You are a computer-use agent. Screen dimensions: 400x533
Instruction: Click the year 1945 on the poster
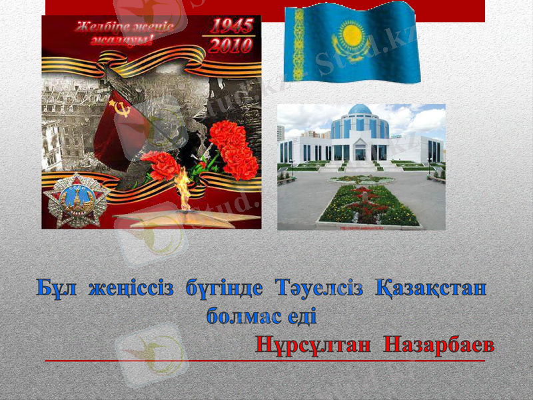(232, 27)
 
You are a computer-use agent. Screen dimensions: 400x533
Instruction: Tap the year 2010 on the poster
(232, 45)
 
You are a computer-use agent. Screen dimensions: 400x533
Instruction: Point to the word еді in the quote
(301, 316)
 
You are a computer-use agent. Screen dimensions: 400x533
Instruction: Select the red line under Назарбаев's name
(266, 361)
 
